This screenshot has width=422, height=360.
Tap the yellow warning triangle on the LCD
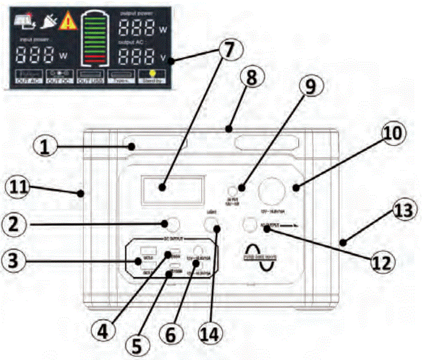pyautogui.click(x=67, y=21)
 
